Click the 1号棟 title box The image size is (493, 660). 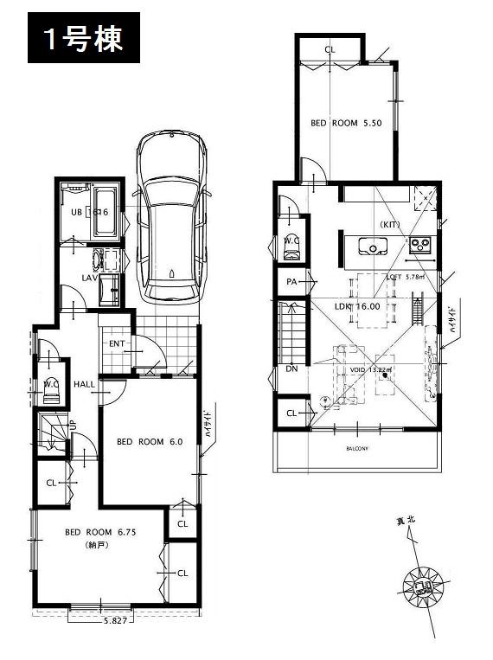[84, 39]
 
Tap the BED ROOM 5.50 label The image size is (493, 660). [346, 124]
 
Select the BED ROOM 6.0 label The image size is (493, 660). [150, 441]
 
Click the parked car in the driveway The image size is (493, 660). [172, 216]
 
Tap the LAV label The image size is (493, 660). [88, 278]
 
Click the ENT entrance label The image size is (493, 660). [118, 343]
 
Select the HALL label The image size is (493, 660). [84, 384]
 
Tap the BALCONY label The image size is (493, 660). [358, 448]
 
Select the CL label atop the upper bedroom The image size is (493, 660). [329, 50]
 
